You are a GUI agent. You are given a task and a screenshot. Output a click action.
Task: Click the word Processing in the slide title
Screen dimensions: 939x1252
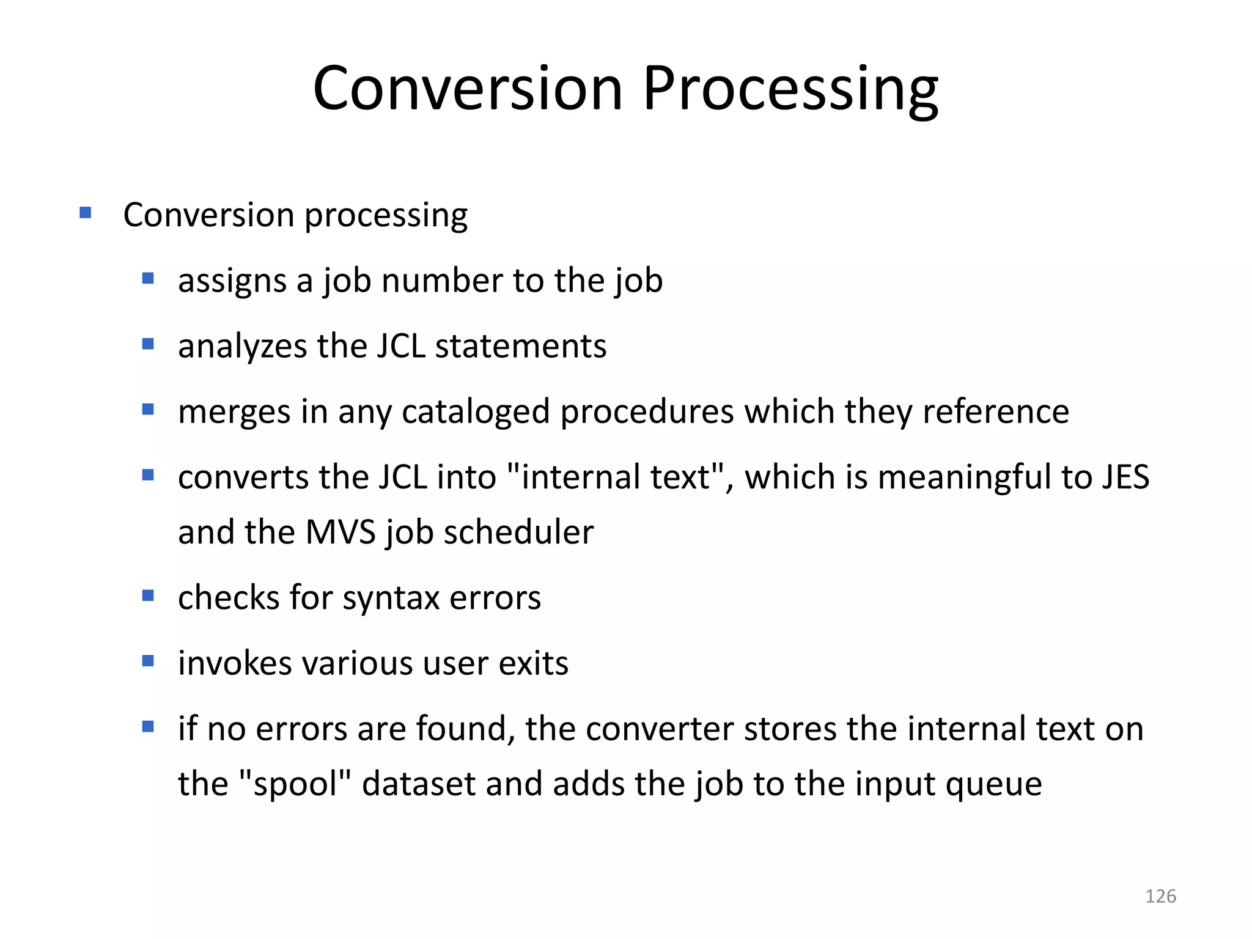click(790, 89)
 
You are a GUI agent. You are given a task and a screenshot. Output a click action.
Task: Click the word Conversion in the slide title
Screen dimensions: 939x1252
click(468, 89)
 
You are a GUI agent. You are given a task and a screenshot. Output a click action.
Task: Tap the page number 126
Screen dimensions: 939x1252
click(1160, 896)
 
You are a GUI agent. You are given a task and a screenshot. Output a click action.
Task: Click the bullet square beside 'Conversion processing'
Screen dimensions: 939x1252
click(86, 213)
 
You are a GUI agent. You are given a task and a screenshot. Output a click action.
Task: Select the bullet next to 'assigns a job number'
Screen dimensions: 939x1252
click(148, 279)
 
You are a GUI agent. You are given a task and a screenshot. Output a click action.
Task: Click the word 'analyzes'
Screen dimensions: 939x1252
click(242, 347)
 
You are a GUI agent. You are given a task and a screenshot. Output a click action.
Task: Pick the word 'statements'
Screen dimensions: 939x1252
click(520, 347)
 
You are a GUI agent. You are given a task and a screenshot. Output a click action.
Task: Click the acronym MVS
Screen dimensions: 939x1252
click(340, 532)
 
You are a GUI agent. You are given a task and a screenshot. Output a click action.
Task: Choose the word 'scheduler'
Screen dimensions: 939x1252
click(518, 532)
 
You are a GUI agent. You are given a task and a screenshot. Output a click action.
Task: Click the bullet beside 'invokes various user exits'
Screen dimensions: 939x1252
click(148, 661)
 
